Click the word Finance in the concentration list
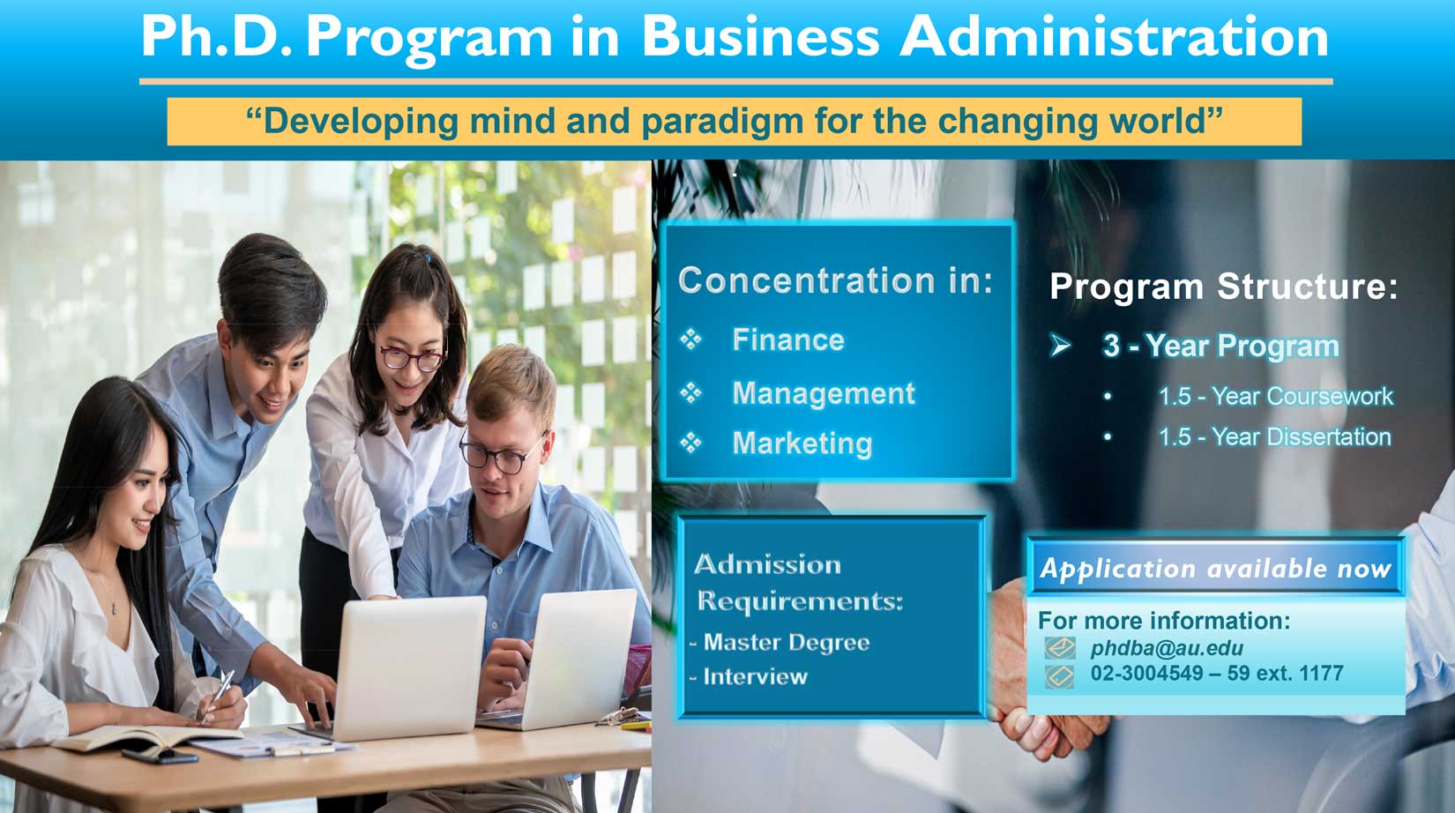[788, 339]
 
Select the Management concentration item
[824, 393]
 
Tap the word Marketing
[802, 444]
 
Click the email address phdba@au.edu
[1167, 648]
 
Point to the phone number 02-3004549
[1146, 674]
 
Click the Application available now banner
[1214, 569]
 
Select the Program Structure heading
[1223, 287]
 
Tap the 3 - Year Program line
[1220, 347]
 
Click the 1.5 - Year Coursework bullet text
[1276, 396]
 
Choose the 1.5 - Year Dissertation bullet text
[1274, 437]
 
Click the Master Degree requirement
[786, 643]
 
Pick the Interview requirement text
[756, 677]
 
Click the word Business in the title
[760, 36]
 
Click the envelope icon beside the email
[1059, 648]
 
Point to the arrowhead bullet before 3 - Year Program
[1060, 346]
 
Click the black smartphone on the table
[160, 756]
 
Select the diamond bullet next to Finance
[690, 339]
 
